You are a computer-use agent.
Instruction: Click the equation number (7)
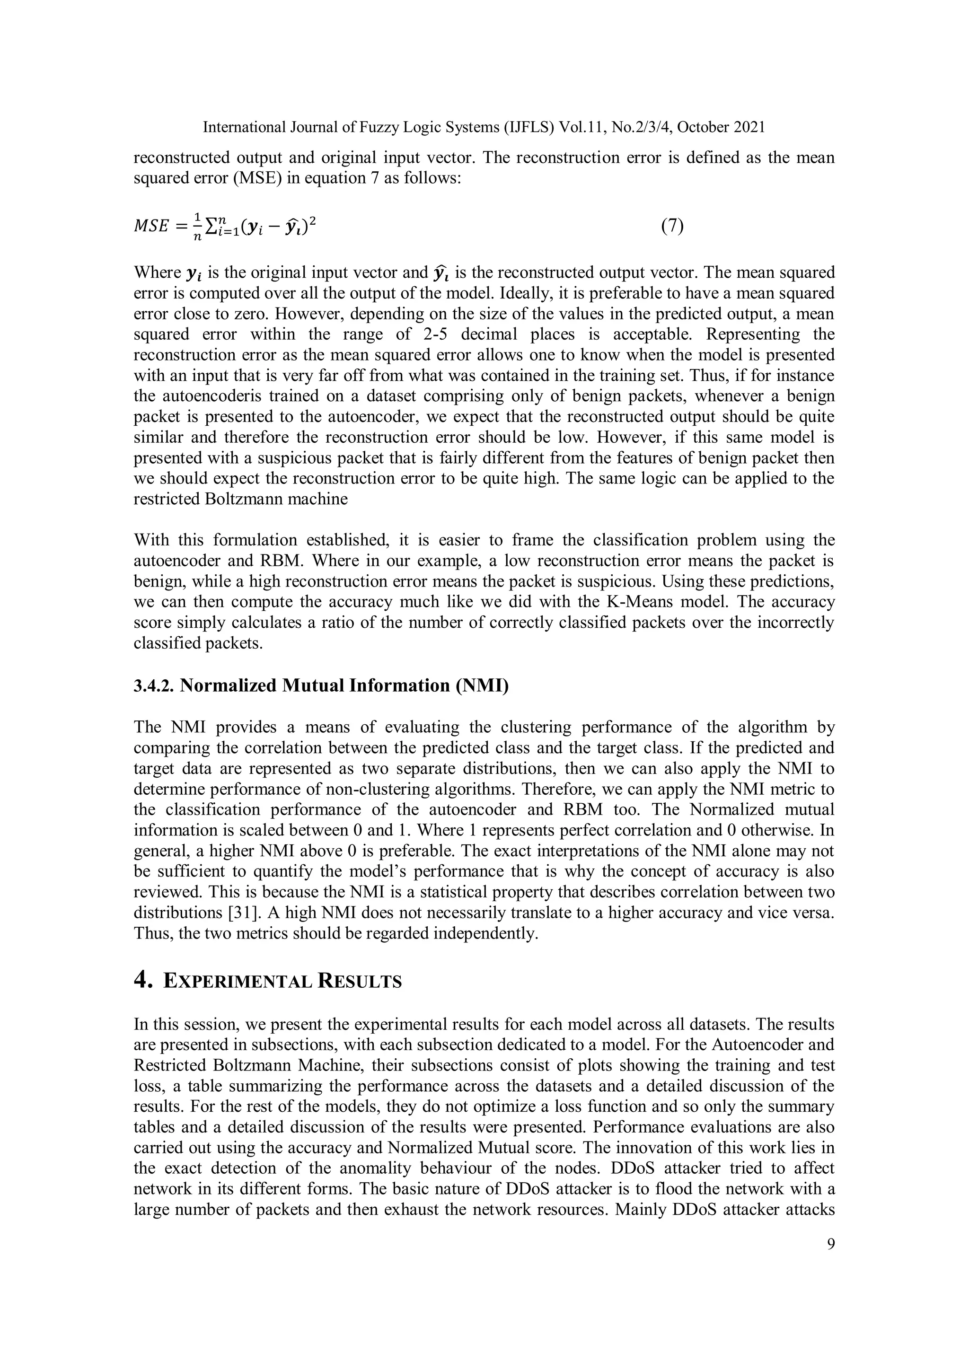point(672,226)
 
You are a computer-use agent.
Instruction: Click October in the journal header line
point(703,127)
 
